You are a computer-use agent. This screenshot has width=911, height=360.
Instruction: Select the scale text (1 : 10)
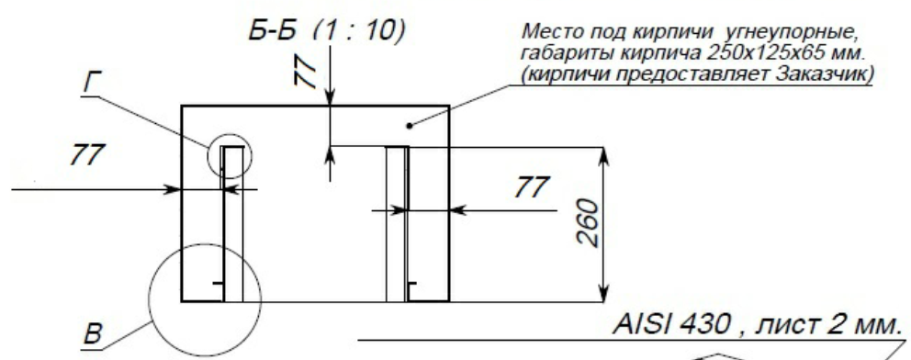[356, 32]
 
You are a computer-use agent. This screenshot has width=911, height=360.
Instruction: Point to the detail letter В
[94, 336]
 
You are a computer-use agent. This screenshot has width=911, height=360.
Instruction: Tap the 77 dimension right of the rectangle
[533, 187]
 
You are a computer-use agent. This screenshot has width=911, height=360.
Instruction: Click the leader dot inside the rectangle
[411, 126]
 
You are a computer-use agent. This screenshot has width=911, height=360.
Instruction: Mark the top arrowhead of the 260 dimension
[604, 154]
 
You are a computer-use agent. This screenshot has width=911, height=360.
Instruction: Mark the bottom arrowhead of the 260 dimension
[604, 294]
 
